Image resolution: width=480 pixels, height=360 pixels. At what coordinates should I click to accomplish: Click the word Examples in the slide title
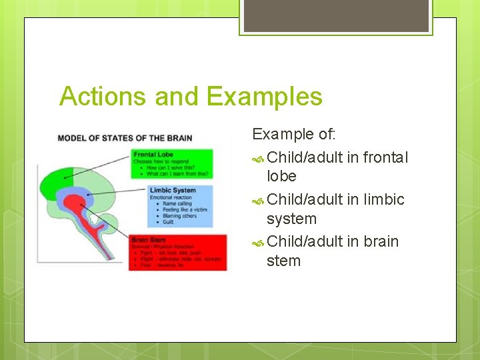pos(265,97)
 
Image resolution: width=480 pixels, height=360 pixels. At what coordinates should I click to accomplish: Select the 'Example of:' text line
pos(293,134)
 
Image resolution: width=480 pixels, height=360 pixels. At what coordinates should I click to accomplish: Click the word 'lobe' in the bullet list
pos(281,177)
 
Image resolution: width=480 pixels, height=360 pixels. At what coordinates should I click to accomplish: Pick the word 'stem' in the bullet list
pos(283,261)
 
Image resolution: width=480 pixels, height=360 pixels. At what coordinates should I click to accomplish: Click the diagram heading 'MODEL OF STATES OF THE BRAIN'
pos(125,138)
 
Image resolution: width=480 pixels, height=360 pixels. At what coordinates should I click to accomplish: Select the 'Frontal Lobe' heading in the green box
pos(153,154)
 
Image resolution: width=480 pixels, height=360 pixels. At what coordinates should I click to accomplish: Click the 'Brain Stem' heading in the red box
pos(149,239)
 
